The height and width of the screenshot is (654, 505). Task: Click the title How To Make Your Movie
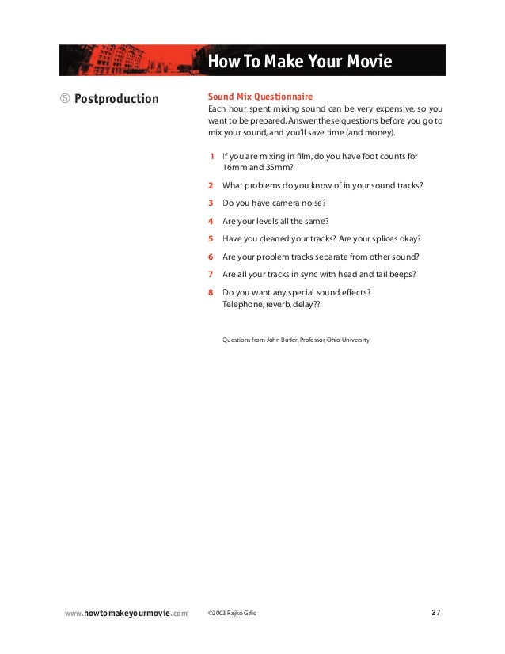299,62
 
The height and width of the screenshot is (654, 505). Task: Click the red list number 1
211,156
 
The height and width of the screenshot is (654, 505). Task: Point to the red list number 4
211,221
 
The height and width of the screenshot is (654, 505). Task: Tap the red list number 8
211,292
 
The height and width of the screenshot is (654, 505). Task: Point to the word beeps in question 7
401,274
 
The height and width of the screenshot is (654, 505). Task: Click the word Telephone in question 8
247,303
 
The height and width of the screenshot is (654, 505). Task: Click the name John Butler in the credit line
279,340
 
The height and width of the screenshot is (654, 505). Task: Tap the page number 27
436,612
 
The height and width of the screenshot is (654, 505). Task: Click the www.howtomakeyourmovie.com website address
126,613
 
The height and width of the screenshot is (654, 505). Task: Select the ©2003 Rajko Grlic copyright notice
231,613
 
